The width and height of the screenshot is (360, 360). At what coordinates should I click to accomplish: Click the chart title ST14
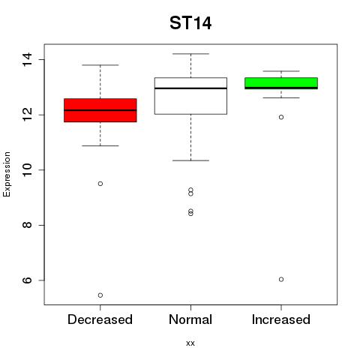click(x=190, y=23)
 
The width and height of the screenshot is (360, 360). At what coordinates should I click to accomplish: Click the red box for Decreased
click(x=100, y=110)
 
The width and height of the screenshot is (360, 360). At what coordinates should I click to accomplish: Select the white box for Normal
click(x=190, y=96)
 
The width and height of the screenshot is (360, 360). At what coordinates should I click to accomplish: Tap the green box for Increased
click(x=281, y=83)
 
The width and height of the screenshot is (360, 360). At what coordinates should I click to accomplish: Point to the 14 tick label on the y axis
click(x=27, y=59)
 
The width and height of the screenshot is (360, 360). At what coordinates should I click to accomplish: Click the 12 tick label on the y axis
click(x=27, y=115)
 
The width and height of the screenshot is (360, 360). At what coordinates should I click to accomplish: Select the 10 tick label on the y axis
click(x=27, y=170)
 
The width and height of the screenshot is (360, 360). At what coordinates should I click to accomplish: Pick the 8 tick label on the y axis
click(x=27, y=225)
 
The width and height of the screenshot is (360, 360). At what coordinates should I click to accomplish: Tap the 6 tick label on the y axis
click(x=27, y=280)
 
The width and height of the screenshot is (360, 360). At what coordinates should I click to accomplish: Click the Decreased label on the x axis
click(x=100, y=319)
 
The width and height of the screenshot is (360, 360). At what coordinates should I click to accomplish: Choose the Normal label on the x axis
click(x=190, y=319)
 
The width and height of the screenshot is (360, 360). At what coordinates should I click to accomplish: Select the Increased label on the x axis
click(x=281, y=319)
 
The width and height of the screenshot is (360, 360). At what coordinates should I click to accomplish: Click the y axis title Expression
click(x=7, y=174)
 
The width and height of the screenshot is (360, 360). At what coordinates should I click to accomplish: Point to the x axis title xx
click(x=190, y=343)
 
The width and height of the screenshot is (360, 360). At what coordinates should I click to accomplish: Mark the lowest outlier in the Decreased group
click(x=100, y=295)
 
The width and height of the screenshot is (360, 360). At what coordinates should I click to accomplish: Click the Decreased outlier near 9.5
click(x=100, y=184)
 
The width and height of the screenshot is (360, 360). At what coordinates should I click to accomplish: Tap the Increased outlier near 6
click(x=281, y=279)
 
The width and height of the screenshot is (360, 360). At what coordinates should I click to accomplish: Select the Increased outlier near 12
click(x=281, y=117)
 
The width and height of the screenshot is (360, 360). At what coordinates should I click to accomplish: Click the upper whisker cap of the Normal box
click(x=190, y=54)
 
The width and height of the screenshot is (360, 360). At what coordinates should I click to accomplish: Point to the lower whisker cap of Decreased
click(x=100, y=145)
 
